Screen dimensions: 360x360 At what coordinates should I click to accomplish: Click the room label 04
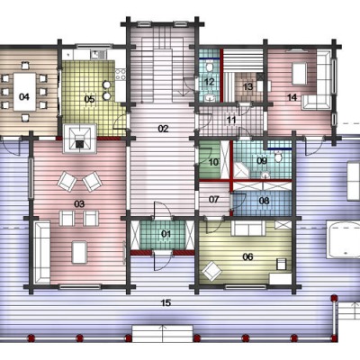pos(24,97)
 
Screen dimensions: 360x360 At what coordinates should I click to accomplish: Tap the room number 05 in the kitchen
pos(89,99)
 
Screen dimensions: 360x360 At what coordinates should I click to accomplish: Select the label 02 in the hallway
pos(163,129)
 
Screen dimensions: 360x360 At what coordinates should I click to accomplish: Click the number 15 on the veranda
pos(166,302)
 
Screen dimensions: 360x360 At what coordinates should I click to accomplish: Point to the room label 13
pos(247,87)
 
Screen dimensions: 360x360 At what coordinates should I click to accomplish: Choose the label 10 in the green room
pos(213,162)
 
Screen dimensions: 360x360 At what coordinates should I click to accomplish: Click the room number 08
pos(264,201)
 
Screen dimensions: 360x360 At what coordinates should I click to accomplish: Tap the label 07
pos(213,200)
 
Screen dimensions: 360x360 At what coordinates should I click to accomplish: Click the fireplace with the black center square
pos(79,139)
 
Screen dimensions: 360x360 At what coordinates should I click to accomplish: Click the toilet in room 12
pos(210,66)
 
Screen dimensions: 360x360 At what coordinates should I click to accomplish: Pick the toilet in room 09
pos(279,157)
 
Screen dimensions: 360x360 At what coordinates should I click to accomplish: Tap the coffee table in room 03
pos(79,252)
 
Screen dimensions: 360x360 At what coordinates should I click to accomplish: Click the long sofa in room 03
pos(42,253)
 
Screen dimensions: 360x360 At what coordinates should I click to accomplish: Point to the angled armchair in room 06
pos(211,272)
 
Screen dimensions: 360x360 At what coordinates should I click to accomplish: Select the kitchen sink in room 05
pos(98,55)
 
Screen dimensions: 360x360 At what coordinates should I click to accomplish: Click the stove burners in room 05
pos(121,75)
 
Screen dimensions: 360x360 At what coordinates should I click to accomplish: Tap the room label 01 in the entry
pos(166,234)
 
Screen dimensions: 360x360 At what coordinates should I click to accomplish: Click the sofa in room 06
pos(247,229)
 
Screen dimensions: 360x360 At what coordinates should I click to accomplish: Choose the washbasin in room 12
pos(211,97)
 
